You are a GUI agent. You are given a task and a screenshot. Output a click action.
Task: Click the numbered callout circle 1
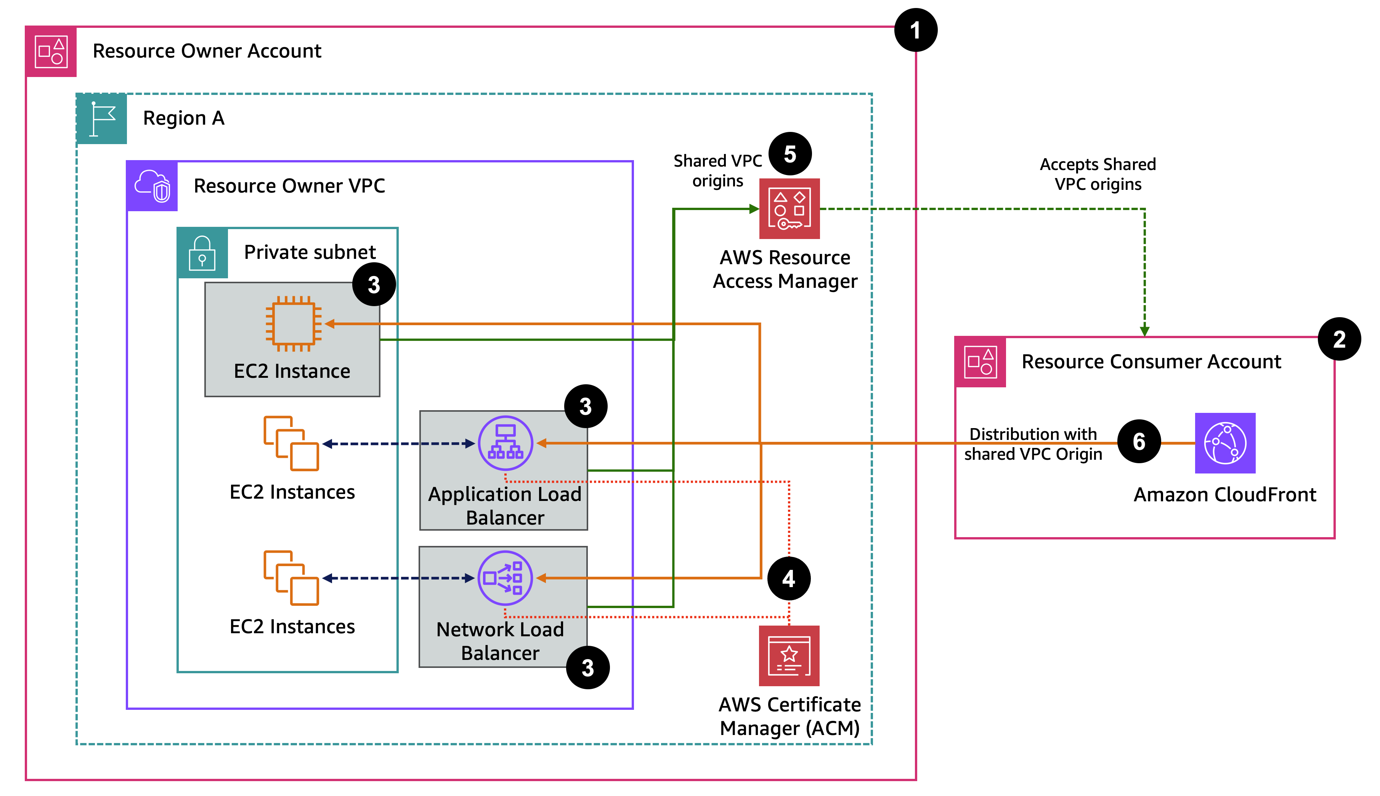[x=915, y=30]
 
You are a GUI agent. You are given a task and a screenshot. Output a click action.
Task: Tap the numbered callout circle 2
[x=1338, y=339]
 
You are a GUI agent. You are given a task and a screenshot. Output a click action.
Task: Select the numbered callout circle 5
[x=790, y=154]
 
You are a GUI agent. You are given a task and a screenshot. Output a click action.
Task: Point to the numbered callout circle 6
[x=1138, y=441]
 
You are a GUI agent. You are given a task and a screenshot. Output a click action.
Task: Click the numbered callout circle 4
[x=789, y=578]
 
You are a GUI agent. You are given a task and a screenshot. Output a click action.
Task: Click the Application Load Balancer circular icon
[x=505, y=443]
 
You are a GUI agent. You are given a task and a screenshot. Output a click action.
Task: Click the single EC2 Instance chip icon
[x=294, y=324]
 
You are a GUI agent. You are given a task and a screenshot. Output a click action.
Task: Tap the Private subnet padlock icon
[x=202, y=253]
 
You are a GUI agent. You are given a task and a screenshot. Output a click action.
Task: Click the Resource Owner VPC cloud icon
[x=152, y=186]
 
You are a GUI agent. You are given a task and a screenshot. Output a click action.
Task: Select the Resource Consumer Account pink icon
[x=980, y=362]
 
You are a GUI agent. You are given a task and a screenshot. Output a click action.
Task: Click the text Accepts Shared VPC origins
[x=1098, y=174]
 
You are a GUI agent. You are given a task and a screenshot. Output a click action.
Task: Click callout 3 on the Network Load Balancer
[x=587, y=668]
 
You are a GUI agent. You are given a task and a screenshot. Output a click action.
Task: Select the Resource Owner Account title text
[x=207, y=51]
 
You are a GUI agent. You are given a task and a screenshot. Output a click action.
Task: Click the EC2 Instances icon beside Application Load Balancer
[x=291, y=443]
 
